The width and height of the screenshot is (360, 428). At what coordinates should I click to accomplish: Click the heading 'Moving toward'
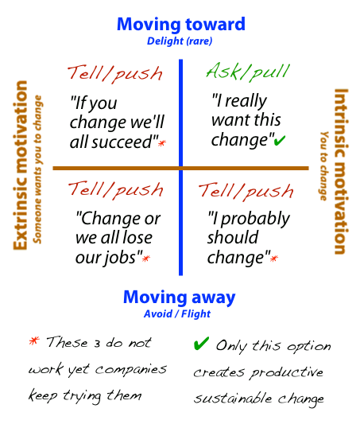tap(180, 24)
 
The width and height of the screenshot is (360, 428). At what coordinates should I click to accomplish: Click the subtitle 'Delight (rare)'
tap(180, 41)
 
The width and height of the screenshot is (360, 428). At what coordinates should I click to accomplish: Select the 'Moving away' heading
tap(180, 298)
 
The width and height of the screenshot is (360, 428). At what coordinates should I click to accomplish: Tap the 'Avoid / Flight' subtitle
tap(180, 313)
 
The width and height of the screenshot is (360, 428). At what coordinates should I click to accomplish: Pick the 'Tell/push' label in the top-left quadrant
tap(115, 73)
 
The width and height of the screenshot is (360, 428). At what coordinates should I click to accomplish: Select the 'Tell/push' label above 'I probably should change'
tap(246, 190)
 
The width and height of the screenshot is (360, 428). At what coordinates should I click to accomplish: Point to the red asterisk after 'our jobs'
tap(145, 259)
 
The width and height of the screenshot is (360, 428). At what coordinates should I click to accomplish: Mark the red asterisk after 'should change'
tap(274, 259)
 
